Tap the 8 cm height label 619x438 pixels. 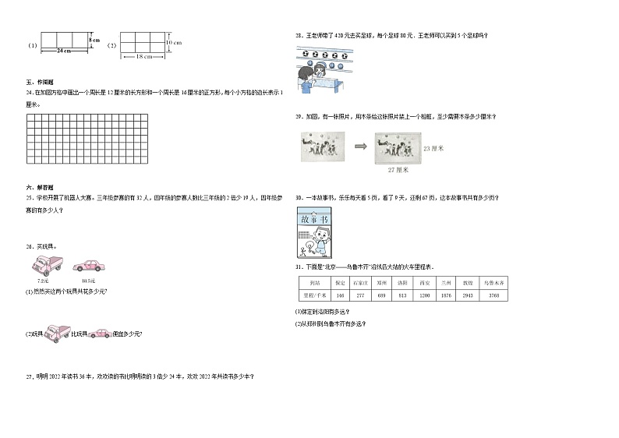point(94,39)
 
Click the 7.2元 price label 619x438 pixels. point(42,280)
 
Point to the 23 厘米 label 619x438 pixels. point(432,147)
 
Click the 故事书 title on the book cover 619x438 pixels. point(314,219)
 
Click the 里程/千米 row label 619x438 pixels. point(314,296)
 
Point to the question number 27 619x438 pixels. point(28,377)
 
